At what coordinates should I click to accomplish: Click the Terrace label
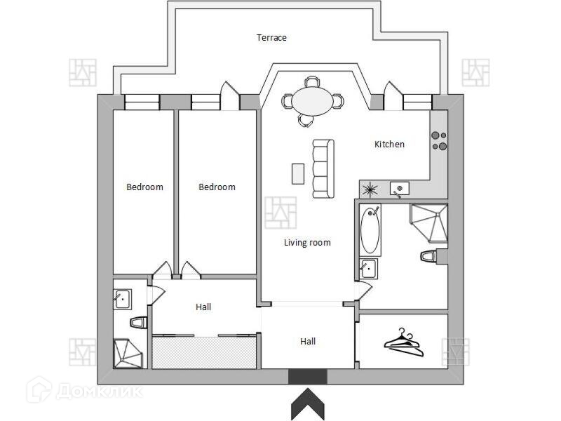271,38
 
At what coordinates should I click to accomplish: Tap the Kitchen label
389,144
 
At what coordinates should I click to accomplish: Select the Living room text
306,243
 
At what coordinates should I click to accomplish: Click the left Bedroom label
144,187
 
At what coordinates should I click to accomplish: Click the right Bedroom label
217,187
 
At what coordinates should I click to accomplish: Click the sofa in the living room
323,168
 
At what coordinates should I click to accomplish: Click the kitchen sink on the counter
399,188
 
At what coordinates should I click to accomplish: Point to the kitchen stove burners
439,140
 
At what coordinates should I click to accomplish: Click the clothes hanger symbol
404,341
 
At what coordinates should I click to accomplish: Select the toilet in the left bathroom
138,323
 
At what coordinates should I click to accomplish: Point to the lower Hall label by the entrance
308,342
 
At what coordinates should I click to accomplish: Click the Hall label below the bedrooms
203,307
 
